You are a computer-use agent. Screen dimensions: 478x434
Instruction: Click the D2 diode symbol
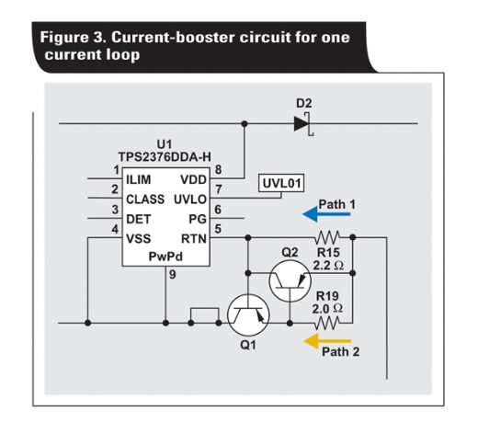[303, 124]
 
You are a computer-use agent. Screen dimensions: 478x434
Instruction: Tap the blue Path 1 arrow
[326, 214]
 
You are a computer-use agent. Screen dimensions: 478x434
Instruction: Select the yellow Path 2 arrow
[326, 341]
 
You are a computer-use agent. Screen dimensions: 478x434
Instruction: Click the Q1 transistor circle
[248, 315]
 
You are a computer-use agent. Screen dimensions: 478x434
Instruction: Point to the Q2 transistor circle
[290, 281]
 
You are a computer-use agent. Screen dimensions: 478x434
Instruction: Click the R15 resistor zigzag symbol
[327, 237]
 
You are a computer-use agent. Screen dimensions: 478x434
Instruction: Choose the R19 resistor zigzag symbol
[327, 323]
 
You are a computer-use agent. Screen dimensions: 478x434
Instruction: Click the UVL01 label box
[281, 183]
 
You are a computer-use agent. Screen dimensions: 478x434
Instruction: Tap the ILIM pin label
[139, 179]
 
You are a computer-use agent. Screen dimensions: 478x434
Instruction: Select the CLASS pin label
[145, 200]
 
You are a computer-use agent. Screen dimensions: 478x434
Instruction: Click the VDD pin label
[193, 179]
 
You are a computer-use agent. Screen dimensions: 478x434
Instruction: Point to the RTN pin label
[194, 239]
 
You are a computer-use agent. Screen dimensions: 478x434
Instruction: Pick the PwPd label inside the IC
[165, 257]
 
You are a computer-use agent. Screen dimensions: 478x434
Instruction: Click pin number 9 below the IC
[173, 275]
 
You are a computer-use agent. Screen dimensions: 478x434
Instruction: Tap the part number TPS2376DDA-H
[165, 157]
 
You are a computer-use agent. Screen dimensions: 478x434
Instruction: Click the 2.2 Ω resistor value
[328, 265]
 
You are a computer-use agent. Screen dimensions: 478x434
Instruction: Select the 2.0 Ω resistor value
[327, 309]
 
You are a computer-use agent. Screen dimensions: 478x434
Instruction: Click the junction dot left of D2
[245, 124]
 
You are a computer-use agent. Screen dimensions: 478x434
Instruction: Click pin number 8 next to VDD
[218, 169]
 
